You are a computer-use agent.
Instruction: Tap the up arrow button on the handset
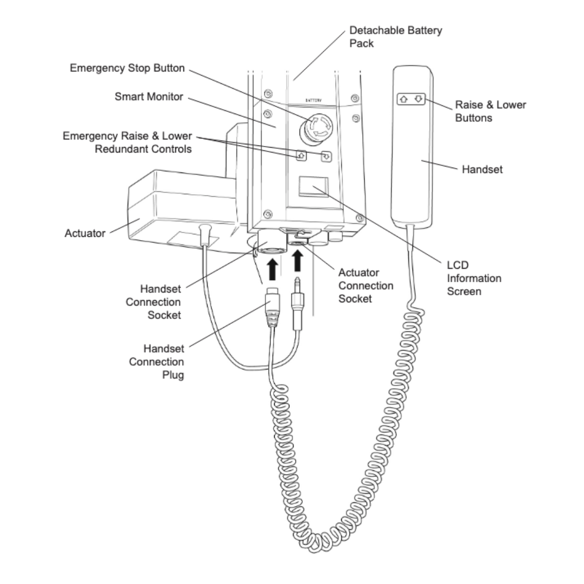tap(403, 99)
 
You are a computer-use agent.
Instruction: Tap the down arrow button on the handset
tap(419, 99)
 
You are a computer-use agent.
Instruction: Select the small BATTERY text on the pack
tap(313, 101)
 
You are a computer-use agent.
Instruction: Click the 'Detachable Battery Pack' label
tap(395, 37)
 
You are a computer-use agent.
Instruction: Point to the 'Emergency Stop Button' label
tap(128, 69)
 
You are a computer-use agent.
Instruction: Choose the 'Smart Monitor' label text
tap(149, 97)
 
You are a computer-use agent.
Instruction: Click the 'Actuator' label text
tap(85, 234)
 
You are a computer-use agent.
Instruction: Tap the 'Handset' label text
tap(482, 169)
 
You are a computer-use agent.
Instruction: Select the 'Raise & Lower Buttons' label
tap(490, 111)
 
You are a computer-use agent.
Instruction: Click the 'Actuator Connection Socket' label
tap(366, 285)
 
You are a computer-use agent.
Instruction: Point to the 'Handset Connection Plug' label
tap(156, 362)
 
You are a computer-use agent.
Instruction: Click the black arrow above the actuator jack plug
tap(297, 262)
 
